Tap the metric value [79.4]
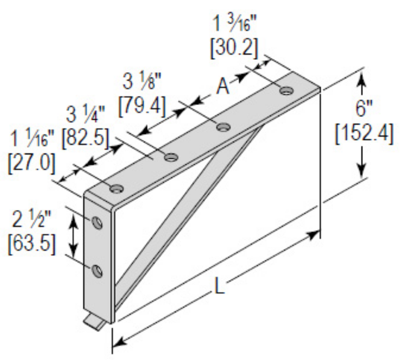pyautogui.click(x=142, y=100)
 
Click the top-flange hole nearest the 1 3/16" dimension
pyautogui.click(x=287, y=91)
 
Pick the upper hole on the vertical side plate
pyautogui.click(x=97, y=224)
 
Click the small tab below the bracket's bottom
pyautogui.click(x=93, y=321)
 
